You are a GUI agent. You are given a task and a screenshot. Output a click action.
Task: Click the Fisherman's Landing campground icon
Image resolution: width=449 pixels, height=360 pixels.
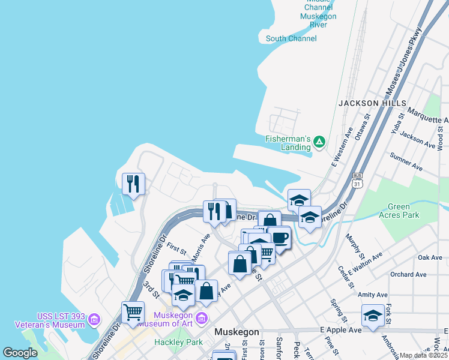click(x=320, y=142)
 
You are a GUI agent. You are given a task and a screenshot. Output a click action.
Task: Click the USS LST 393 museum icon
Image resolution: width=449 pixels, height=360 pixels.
click(x=94, y=319)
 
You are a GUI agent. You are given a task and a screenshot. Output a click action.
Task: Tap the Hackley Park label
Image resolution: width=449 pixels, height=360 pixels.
click(x=178, y=341)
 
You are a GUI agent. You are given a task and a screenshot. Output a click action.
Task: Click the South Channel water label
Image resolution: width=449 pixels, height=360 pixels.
click(x=291, y=39)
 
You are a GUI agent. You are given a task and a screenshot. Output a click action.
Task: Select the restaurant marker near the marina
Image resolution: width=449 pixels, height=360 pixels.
click(x=133, y=184)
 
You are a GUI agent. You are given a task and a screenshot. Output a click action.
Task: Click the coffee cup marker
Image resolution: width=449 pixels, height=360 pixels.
click(x=279, y=238)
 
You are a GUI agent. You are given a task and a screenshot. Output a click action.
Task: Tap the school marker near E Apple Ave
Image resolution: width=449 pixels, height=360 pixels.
click(x=373, y=316)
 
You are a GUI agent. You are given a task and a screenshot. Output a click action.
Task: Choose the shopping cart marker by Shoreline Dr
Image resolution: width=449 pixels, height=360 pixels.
click(x=133, y=311)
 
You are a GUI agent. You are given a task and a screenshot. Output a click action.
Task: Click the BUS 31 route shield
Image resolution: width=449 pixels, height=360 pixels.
click(x=358, y=179)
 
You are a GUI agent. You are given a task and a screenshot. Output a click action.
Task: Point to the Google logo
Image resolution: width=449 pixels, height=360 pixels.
click(x=20, y=353)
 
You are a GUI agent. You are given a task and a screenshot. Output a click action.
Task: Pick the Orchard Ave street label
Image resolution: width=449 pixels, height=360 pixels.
click(x=408, y=274)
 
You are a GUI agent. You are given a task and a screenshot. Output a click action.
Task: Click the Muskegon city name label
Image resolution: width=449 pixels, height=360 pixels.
click(x=237, y=332)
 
